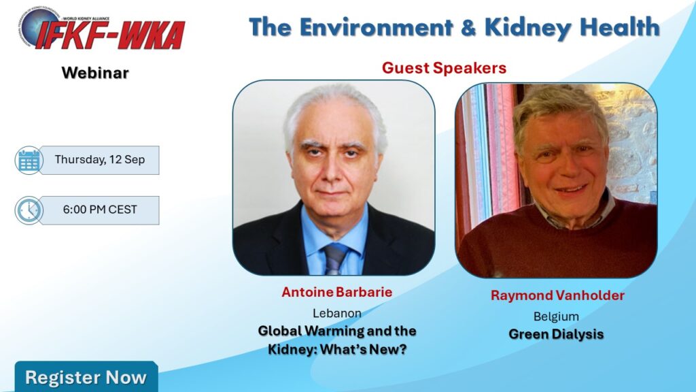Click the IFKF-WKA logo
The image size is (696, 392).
pyautogui.click(x=101, y=29)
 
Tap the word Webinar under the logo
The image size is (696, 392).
pyautogui.click(x=95, y=73)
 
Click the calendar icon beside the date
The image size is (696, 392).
pyautogui.click(x=29, y=160)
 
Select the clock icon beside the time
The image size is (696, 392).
pyautogui.click(x=29, y=210)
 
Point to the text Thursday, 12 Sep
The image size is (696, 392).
pyautogui.click(x=100, y=159)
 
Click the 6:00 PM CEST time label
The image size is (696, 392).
pyautogui.click(x=100, y=210)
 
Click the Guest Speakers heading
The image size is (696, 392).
pyautogui.click(x=444, y=68)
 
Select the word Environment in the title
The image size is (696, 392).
pyautogui.click(x=377, y=27)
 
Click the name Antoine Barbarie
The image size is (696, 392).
pyautogui.click(x=337, y=292)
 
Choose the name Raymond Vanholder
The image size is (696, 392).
pyautogui.click(x=557, y=295)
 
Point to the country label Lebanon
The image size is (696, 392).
pyautogui.click(x=337, y=313)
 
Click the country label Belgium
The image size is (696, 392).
pyautogui.click(x=556, y=316)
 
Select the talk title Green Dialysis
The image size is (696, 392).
pyautogui.click(x=556, y=334)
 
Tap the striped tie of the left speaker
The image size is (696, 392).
pyautogui.click(x=334, y=259)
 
